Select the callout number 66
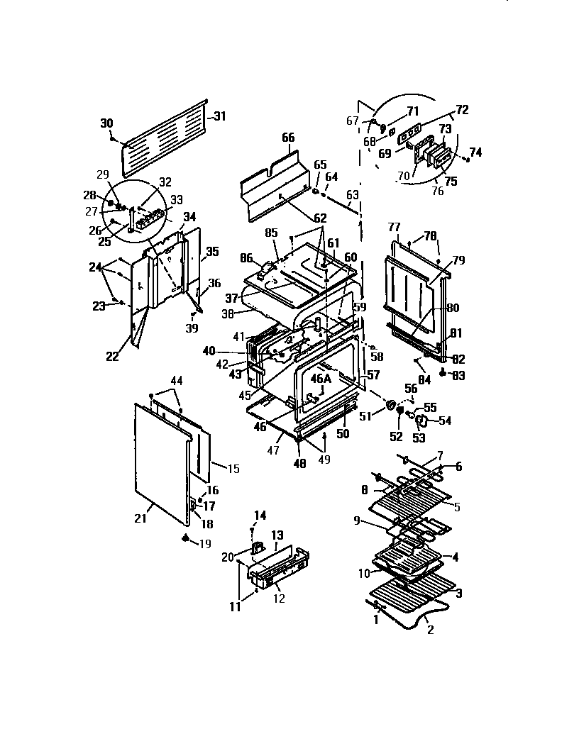287,137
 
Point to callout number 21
140,518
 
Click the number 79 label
458,261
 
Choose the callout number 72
462,110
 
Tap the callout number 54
445,421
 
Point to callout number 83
458,376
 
